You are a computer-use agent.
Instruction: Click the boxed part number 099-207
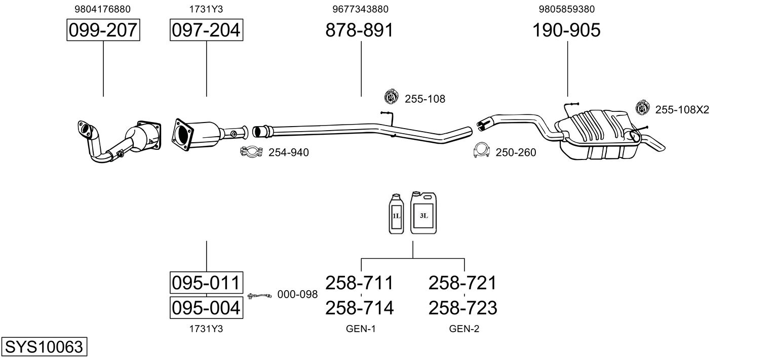point(103,30)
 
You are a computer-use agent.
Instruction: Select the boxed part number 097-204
point(206,30)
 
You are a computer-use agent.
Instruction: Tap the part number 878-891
point(360,30)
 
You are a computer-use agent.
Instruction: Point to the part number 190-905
point(566,30)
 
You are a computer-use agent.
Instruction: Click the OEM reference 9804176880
point(103,9)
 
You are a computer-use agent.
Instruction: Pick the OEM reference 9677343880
point(361,9)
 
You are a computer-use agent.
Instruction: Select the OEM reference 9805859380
point(567,9)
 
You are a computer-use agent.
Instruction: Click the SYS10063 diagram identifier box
point(44,346)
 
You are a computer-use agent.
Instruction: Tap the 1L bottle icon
point(396,214)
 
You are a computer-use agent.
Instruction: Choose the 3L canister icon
point(423,213)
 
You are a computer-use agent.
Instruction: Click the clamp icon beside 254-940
point(252,152)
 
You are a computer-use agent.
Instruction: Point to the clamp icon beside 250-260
point(481,150)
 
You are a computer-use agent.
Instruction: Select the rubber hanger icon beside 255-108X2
point(642,108)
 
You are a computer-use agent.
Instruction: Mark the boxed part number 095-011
point(206,283)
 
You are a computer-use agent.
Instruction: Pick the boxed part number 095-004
point(206,307)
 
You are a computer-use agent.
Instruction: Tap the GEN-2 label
point(464,329)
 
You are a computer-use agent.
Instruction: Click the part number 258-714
point(360,308)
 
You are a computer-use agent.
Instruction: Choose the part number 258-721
point(462,283)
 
